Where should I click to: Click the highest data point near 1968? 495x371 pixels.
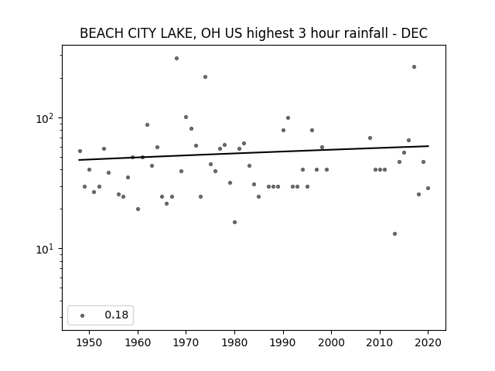pos(177,59)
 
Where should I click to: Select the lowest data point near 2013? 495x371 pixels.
pos(394,233)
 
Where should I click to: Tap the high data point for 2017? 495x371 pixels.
pos(415,67)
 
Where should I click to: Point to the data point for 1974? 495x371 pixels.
pos(205,77)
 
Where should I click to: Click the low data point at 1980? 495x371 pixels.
pos(234,223)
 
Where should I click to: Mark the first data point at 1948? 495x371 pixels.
pos(80,151)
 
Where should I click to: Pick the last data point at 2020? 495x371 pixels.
pos(428,189)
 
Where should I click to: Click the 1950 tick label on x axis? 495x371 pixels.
pos(90,342)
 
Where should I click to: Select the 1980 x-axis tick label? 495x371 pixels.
pos(234,342)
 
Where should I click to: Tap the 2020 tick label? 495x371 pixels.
pos(428,342)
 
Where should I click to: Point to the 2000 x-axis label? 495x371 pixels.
pos(332,342)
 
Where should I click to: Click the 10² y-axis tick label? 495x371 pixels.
pos(45,118)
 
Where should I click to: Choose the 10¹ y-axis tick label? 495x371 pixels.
pos(45,249)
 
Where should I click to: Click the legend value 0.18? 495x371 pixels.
pos(117,315)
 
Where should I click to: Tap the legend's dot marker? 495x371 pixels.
pos(83,315)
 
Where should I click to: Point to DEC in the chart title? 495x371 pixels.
pos(415,33)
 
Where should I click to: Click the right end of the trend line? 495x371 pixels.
pos(428,146)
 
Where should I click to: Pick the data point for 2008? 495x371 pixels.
pos(370,138)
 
